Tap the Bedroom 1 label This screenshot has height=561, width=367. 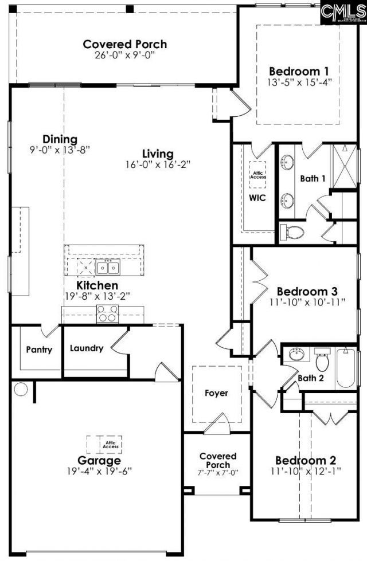[x=299, y=72]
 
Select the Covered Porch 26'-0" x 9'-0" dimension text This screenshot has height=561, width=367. [x=125, y=55]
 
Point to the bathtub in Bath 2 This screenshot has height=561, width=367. [x=346, y=367]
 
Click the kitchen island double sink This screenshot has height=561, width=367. [x=108, y=267]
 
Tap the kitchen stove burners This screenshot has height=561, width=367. [x=107, y=313]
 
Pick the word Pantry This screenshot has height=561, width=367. [x=39, y=349]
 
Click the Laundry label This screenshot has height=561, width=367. [x=87, y=348]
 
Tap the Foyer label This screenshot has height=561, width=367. [x=216, y=393]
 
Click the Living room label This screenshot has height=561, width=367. [x=158, y=154]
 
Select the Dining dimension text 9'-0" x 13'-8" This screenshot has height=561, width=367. [x=60, y=150]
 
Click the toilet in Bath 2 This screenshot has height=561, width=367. [x=321, y=361]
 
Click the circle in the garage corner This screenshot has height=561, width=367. [x=21, y=390]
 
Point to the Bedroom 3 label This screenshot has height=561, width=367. [x=307, y=291]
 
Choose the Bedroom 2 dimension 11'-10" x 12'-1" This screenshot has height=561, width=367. [x=306, y=471]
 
